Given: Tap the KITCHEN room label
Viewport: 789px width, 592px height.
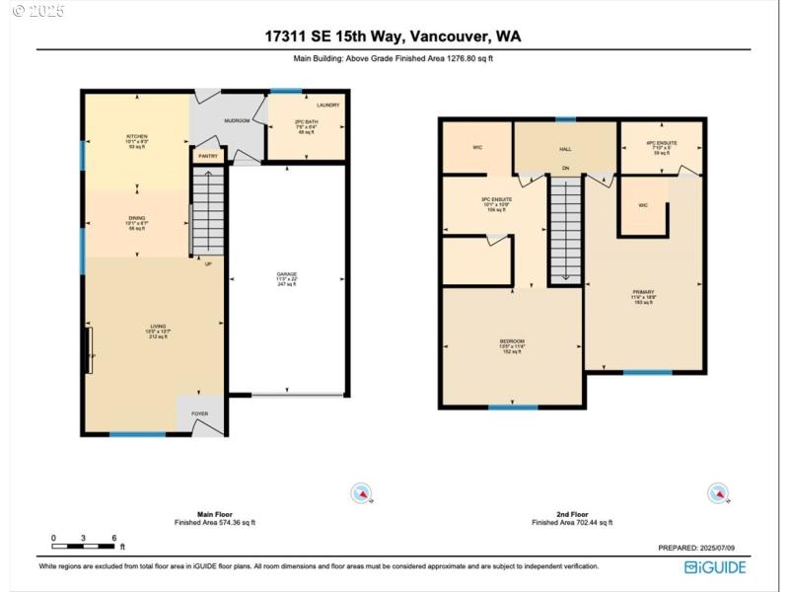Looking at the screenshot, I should (x=136, y=136).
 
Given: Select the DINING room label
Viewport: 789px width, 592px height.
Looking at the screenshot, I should (x=136, y=218).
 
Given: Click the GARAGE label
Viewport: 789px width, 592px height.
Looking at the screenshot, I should (x=287, y=273).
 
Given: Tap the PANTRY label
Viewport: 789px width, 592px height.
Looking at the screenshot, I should (x=208, y=156).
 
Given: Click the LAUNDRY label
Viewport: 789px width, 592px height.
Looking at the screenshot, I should (x=328, y=105).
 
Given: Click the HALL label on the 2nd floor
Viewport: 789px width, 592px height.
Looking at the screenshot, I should (x=565, y=149).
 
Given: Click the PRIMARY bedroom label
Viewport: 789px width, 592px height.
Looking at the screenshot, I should (x=644, y=292).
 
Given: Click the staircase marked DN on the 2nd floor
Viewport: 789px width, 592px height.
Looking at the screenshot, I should (x=565, y=227).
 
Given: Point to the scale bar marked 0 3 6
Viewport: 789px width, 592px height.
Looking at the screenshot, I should (x=87, y=544).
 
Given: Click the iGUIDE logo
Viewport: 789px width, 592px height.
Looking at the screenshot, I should (x=715, y=566).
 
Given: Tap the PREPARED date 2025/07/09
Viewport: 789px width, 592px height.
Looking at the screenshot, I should (x=703, y=548).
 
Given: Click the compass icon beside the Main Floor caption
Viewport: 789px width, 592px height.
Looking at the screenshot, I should (x=362, y=492).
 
